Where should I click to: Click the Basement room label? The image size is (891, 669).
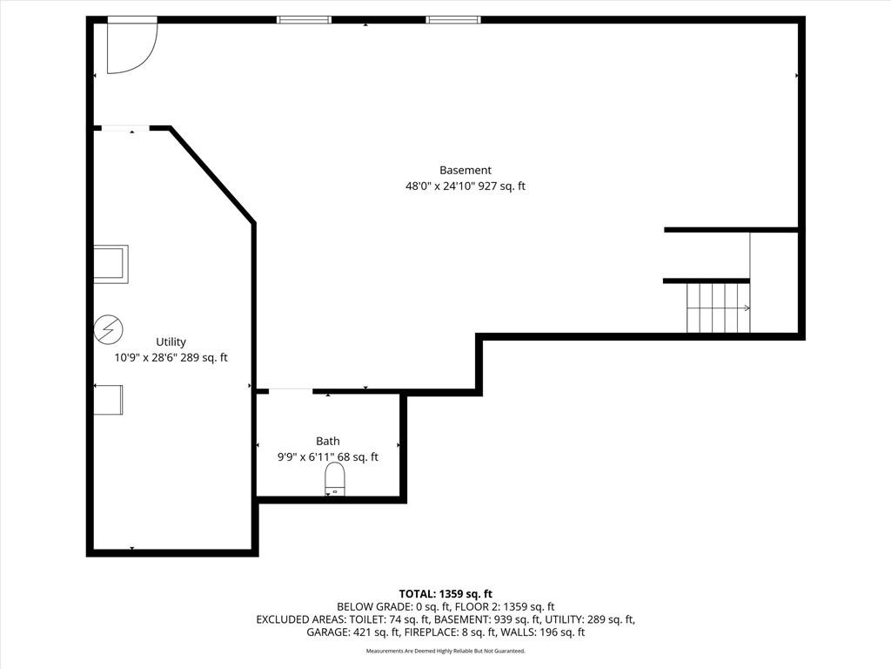tap(466, 170)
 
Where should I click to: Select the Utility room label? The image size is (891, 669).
tap(171, 341)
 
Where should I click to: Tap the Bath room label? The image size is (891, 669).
tap(328, 441)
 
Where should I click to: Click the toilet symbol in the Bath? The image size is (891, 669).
tap(335, 478)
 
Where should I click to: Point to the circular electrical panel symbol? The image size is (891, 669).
tap(109, 329)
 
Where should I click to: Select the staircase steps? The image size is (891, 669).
tap(718, 307)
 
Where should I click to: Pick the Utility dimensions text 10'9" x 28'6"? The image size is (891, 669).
tap(145, 358)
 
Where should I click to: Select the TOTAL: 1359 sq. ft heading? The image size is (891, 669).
tap(445, 594)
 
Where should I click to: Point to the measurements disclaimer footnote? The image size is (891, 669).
tap(445, 651)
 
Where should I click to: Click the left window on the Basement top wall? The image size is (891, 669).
tap(304, 20)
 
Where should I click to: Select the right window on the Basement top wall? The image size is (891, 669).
tap(453, 20)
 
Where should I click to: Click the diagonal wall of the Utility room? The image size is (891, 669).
tap(211, 175)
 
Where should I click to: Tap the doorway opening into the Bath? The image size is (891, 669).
tap(291, 391)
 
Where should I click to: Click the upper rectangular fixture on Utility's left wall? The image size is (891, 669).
tap(111, 264)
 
